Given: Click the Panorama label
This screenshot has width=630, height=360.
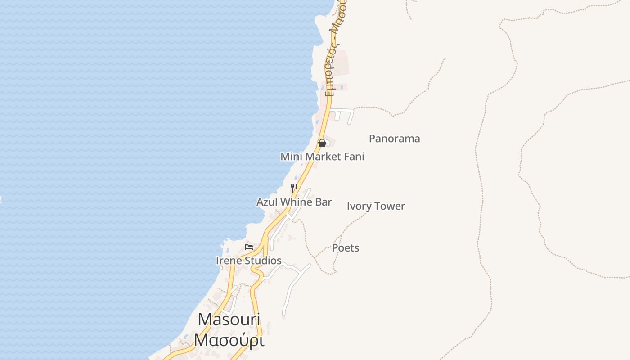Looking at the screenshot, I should (x=394, y=139).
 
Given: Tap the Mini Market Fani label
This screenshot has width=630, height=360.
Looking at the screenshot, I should (x=322, y=157).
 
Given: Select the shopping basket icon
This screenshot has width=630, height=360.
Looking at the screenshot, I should (x=322, y=143).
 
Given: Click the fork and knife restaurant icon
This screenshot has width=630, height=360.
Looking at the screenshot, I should (x=294, y=188).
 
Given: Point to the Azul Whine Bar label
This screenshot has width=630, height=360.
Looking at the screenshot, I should (x=294, y=202).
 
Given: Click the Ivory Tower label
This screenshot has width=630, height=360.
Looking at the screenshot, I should (x=376, y=206).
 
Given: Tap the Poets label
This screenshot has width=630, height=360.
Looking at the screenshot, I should (x=346, y=247).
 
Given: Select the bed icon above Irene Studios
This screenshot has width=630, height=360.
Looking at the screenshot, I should (x=249, y=247).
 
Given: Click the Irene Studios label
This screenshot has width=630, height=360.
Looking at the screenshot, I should (x=248, y=261).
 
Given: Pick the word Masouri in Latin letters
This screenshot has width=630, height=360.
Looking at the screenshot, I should (x=229, y=319).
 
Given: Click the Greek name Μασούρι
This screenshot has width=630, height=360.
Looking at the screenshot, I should (x=229, y=340).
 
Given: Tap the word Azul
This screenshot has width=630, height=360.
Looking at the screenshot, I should (x=267, y=202).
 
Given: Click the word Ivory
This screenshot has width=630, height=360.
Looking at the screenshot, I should (x=359, y=206).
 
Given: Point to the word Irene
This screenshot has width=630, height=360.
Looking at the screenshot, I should (x=229, y=261).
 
